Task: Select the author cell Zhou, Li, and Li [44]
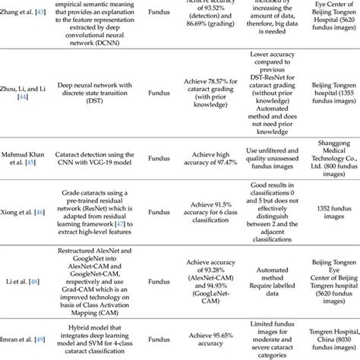tap(23, 94)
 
